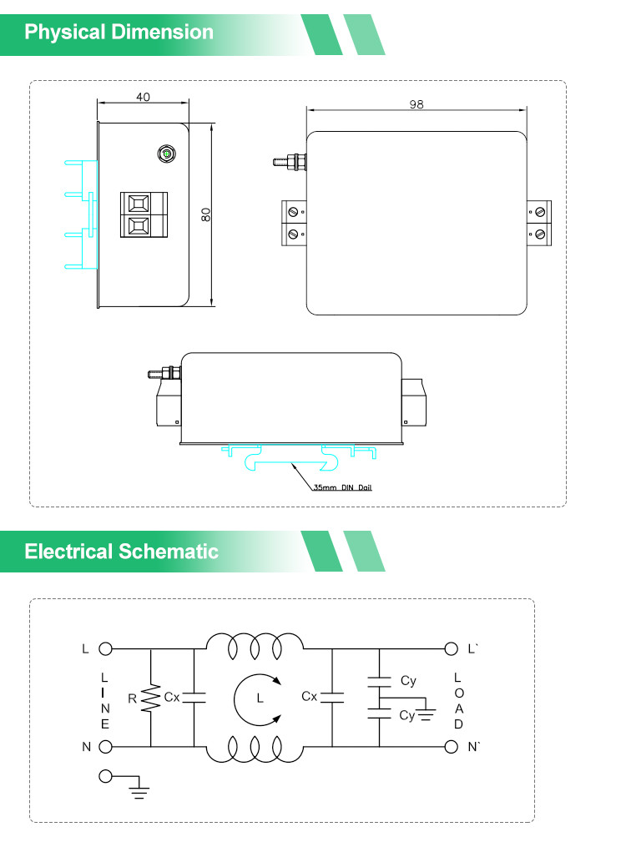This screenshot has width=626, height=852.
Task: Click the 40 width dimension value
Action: (x=143, y=97)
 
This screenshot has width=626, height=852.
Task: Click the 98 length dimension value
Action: (x=416, y=104)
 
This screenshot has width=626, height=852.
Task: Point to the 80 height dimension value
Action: (x=205, y=214)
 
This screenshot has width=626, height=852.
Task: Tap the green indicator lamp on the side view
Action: (x=167, y=154)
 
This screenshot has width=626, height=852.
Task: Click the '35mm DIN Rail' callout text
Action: (x=342, y=487)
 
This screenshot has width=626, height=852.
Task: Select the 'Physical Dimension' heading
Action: (x=119, y=32)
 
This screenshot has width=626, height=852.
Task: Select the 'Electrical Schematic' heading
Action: (x=121, y=552)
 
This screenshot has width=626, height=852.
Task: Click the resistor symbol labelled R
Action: (x=150, y=698)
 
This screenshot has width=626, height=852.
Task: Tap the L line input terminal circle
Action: (x=105, y=648)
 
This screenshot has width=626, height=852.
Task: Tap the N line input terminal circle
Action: (x=105, y=747)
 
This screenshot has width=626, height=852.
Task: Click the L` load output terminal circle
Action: (x=451, y=648)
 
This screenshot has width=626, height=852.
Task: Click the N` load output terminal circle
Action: (x=451, y=747)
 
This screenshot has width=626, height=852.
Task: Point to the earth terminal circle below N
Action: (x=105, y=776)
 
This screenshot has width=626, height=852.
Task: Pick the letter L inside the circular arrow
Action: (x=260, y=698)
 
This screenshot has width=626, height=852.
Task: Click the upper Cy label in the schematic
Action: (x=408, y=681)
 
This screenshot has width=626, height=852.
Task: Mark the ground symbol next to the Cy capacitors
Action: (x=426, y=713)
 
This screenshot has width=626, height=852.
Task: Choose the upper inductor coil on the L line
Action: (x=255, y=646)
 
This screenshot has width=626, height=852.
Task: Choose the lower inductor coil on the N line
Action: (x=255, y=749)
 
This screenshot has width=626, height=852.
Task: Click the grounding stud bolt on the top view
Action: (x=290, y=161)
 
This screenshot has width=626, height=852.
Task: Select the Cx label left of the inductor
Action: (x=172, y=697)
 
